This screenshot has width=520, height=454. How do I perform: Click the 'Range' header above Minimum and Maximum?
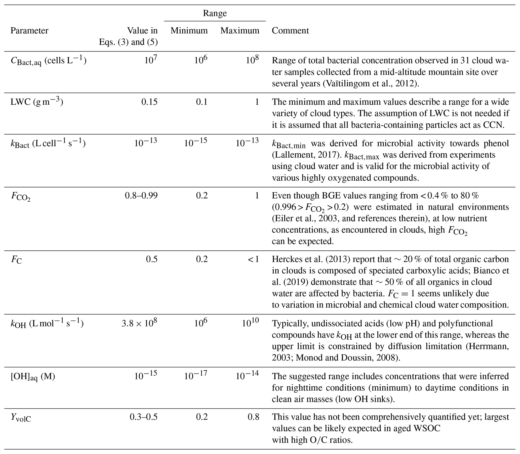click(x=215, y=13)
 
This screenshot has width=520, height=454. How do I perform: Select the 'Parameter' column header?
click(x=29, y=31)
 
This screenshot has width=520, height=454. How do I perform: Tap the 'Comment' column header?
click(x=290, y=31)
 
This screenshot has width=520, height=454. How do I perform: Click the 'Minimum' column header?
click(x=189, y=31)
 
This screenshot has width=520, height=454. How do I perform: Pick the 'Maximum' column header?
click(x=240, y=31)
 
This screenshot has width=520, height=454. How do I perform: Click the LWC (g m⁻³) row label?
click(x=37, y=102)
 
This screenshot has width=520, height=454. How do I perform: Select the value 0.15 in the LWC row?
click(x=149, y=102)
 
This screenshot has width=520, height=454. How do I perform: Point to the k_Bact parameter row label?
click(x=48, y=143)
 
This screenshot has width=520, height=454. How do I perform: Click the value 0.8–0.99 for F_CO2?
click(x=141, y=196)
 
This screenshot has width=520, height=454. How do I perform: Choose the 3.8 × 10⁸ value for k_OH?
click(x=139, y=324)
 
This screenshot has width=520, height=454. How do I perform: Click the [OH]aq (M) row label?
click(x=33, y=377)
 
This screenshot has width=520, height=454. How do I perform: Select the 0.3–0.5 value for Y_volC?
click(x=143, y=417)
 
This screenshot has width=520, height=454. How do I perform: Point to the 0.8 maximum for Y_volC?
click(x=253, y=417)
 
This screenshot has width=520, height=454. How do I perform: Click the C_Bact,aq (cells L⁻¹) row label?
click(x=48, y=61)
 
